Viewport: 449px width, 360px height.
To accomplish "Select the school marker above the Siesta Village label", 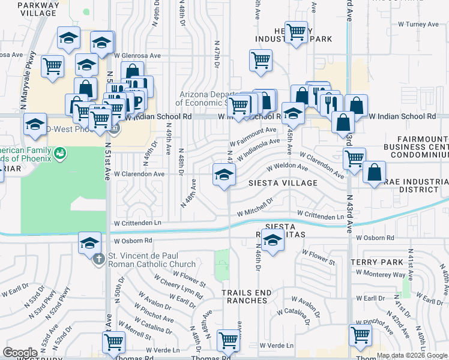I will tap(223, 176).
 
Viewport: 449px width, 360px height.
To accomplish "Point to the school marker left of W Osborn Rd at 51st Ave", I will tap(89, 243).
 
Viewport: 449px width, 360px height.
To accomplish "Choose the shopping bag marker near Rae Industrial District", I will tap(374, 173).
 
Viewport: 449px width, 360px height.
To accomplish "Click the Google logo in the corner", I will tap(20, 353).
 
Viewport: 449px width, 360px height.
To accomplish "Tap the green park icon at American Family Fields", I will tap(59, 154).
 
